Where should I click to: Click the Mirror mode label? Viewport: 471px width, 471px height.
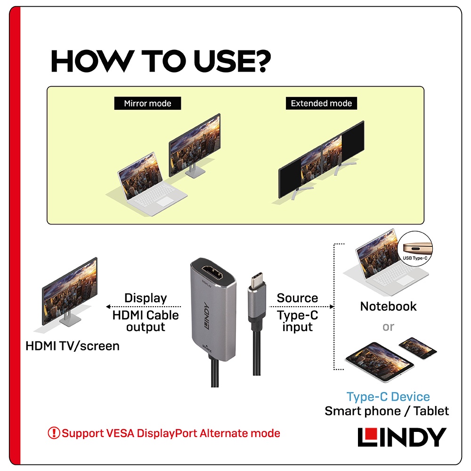pyautogui.click(x=147, y=103)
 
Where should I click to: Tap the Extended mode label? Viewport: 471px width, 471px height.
pyautogui.click(x=321, y=103)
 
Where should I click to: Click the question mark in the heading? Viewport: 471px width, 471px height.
pyautogui.click(x=261, y=61)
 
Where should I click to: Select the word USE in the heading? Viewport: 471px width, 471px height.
pyautogui.click(x=222, y=61)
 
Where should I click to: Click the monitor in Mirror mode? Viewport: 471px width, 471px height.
pyautogui.click(x=195, y=146)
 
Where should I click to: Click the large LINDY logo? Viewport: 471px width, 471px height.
pyautogui.click(x=402, y=437)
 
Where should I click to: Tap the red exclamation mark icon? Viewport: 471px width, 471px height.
pyautogui.click(x=54, y=433)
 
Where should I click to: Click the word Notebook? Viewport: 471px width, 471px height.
pyautogui.click(x=388, y=307)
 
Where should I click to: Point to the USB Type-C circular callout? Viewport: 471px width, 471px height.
pyautogui.click(x=415, y=249)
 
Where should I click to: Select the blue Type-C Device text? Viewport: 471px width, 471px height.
pyautogui.click(x=388, y=397)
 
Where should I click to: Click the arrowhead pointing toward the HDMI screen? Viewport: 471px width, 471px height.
pyautogui.click(x=108, y=307)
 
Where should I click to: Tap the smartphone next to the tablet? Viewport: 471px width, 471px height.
pyautogui.click(x=417, y=348)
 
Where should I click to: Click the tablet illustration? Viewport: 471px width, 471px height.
pyautogui.click(x=380, y=362)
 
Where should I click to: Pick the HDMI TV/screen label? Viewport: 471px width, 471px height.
pyautogui.click(x=73, y=346)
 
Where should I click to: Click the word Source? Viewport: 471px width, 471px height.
pyautogui.click(x=297, y=298)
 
